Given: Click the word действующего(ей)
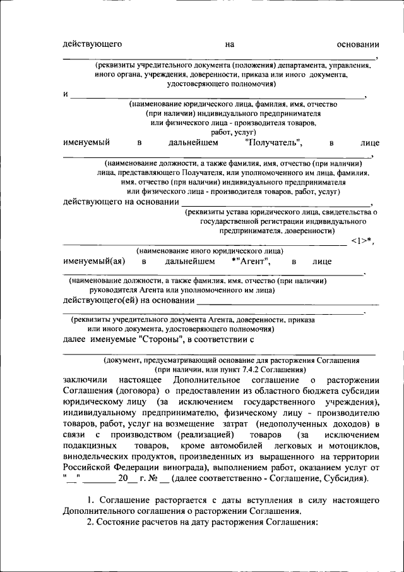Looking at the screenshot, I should click(101, 300).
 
